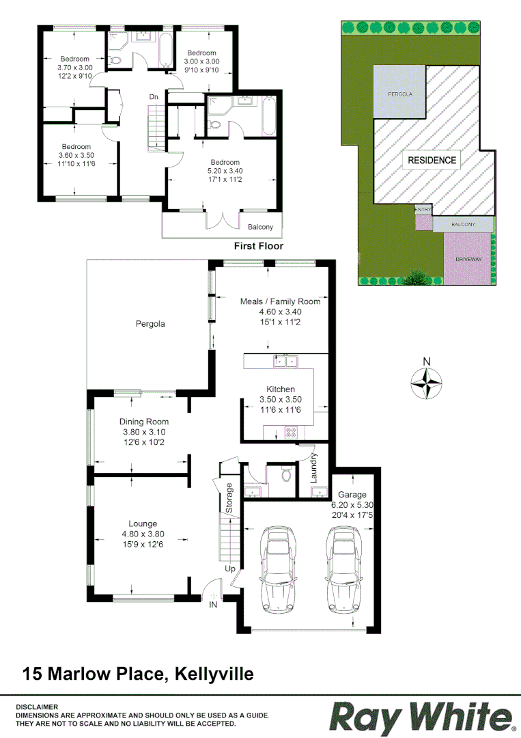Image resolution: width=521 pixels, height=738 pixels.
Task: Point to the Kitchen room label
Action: (280, 389)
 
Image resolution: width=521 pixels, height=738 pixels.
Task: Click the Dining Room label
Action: (144, 422)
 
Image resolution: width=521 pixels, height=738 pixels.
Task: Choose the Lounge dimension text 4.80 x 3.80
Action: (143, 534)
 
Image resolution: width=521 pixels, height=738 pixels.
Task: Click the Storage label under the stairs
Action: (229, 498)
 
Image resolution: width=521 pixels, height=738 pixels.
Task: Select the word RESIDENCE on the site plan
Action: (432, 161)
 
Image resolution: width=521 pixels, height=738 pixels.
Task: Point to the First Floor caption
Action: (258, 246)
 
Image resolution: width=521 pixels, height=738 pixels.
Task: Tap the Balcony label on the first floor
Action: (260, 228)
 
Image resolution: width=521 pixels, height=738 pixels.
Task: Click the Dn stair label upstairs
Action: (155, 97)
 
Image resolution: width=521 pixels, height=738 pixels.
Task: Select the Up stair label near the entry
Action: (230, 568)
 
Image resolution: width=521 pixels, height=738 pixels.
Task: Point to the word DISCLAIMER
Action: (37, 707)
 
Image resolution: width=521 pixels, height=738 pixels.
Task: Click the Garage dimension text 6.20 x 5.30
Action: (352, 505)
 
